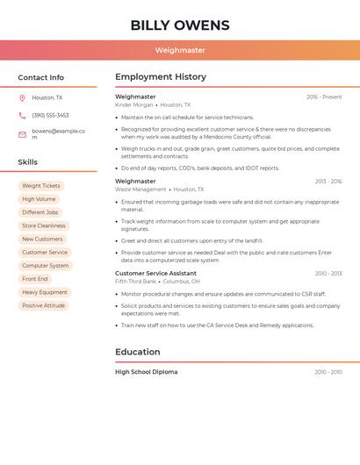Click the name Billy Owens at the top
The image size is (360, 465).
180,25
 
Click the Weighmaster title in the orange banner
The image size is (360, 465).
180,50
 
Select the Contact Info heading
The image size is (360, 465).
40,77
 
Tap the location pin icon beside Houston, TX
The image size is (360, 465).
22,97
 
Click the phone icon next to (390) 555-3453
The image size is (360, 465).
22,115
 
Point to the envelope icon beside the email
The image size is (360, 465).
22,135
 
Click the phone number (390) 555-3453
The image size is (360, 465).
50,115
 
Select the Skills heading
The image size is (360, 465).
28,161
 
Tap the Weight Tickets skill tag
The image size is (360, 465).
41,186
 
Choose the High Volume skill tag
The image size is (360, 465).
39,199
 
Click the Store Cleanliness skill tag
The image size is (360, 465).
44,225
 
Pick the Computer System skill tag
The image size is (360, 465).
45,265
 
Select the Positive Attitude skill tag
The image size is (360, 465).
44,305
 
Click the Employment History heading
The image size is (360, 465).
161,76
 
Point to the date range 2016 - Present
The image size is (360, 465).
324,97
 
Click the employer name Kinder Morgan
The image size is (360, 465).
133,104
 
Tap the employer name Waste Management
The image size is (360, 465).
140,189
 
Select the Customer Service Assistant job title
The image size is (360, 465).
155,273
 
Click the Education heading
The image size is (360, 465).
138,352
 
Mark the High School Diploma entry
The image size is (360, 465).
146,372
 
